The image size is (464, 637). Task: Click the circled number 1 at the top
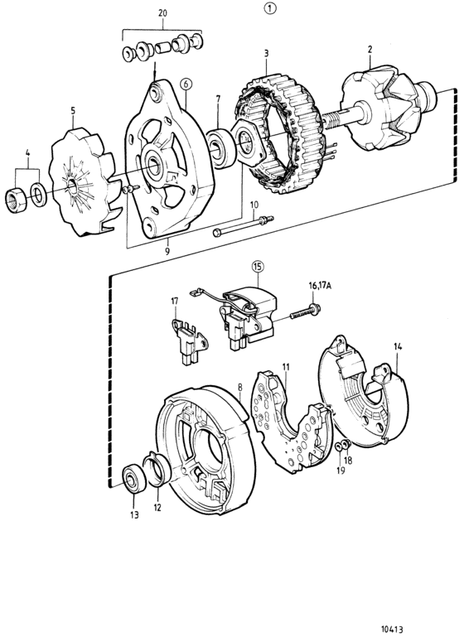[x=270, y=7]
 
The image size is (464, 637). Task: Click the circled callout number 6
[x=186, y=84]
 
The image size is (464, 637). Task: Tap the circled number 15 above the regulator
[x=258, y=267]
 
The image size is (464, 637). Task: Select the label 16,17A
[x=317, y=286]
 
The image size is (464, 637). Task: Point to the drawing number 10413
[x=392, y=629]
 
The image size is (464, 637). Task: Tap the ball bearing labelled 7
[x=221, y=148]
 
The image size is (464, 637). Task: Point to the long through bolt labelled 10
[x=244, y=226]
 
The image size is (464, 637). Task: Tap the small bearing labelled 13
[x=134, y=480]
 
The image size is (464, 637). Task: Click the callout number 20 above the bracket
[x=162, y=13]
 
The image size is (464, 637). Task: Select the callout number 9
[x=167, y=252]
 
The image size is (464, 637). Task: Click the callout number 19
[x=341, y=470]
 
